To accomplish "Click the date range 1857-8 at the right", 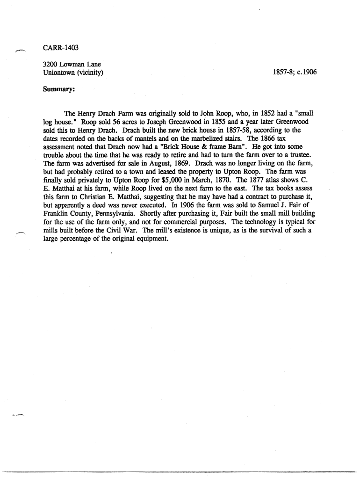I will click(283, 73).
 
